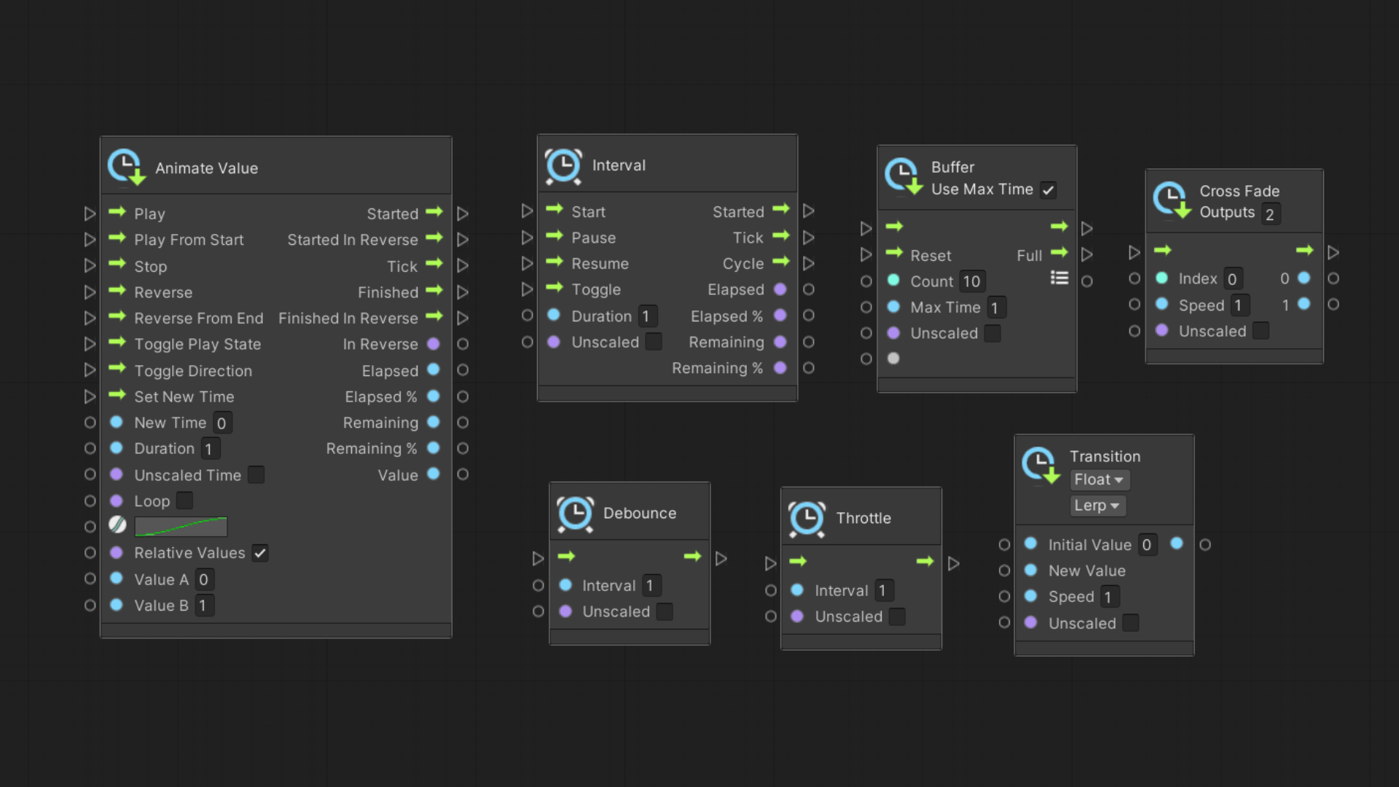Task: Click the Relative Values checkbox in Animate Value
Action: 260,553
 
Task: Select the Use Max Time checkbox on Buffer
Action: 1048,190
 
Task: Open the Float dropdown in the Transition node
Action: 1099,479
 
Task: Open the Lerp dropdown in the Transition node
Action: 1097,506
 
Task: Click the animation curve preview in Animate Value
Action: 181,527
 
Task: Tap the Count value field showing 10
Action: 971,281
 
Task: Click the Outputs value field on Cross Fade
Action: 1270,214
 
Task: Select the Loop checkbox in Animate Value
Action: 185,501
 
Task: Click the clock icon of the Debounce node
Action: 576,514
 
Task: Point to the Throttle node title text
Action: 863,518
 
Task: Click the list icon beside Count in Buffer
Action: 1059,278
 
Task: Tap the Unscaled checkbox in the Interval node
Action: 654,342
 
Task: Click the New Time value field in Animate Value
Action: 222,423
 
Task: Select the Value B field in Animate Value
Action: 203,606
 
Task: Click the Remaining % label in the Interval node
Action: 717,368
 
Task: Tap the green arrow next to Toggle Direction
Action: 117,369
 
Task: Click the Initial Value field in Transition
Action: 1147,545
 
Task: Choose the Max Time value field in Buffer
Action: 995,308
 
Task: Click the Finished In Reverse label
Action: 348,318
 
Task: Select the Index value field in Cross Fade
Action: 1232,279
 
